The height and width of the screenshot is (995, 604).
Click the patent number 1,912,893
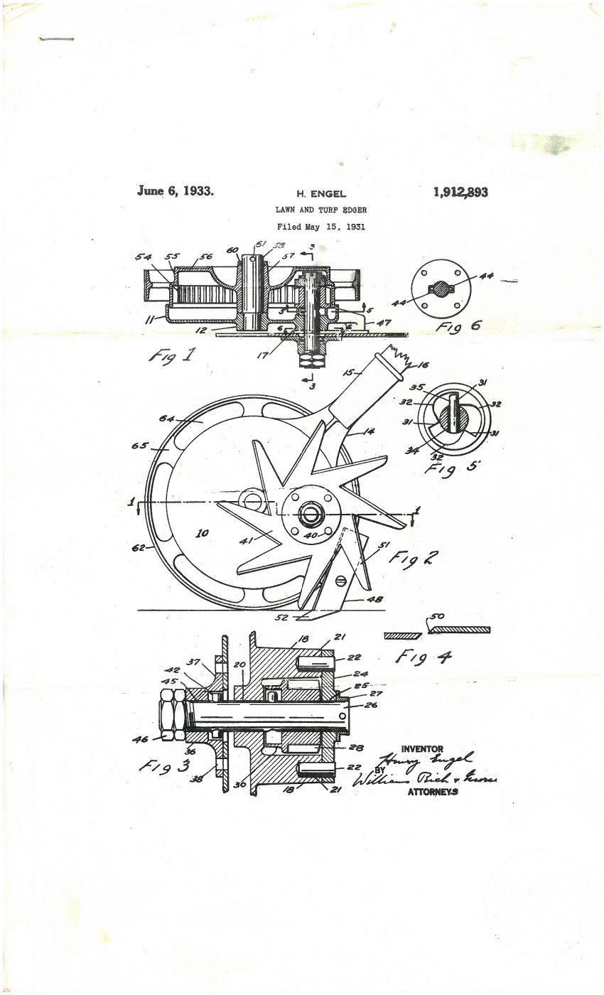[460, 192]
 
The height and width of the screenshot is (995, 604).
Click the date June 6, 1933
[175, 190]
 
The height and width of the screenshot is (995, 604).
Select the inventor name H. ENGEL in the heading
[320, 194]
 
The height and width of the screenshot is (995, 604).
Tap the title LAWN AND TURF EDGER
[321, 210]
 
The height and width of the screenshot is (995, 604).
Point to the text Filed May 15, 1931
[321, 227]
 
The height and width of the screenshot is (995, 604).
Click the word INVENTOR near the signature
[422, 749]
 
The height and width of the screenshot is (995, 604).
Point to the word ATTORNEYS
[432, 792]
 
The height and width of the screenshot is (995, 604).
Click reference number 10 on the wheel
[203, 533]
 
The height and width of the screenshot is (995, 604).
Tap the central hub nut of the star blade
[311, 512]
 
